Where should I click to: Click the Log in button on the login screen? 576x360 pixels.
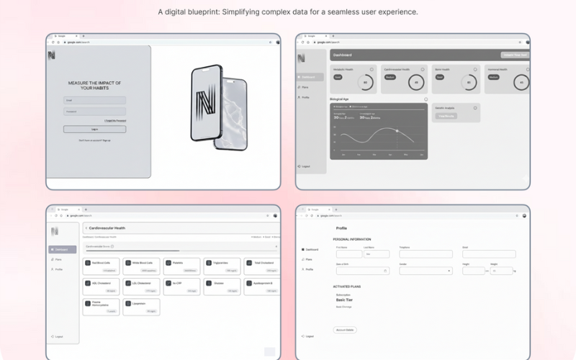94,130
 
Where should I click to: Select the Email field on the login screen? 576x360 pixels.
94,101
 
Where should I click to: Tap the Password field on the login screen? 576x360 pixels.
94,112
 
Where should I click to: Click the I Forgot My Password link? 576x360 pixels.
115,120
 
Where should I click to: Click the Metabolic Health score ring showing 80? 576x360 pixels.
365,82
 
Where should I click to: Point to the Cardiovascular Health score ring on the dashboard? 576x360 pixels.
415,82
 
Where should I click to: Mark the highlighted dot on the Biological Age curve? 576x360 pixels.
397,130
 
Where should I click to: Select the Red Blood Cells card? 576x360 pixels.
101,266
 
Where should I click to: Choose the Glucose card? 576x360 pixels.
222,287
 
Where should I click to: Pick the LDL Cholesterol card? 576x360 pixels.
141,287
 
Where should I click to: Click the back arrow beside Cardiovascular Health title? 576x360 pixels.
86,228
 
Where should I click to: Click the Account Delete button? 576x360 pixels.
345,330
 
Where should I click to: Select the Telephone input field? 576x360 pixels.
426,254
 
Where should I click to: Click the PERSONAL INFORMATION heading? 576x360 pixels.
352,239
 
